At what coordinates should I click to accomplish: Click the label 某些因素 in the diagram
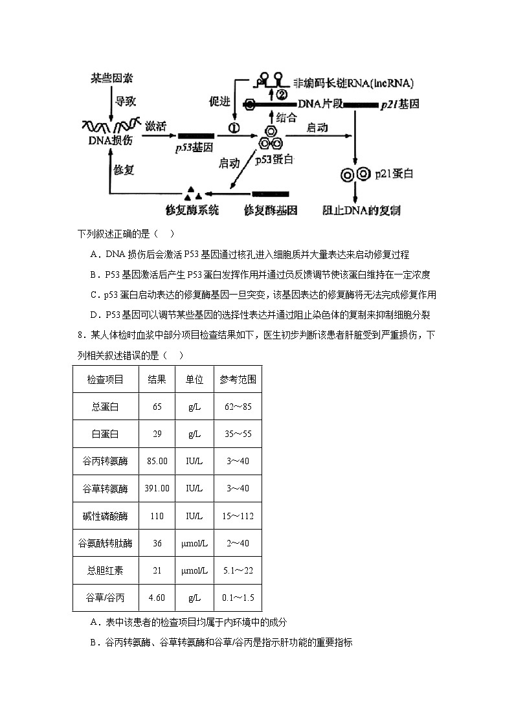point(111,78)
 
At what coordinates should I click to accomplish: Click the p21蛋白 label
point(394,174)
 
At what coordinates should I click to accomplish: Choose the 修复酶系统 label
point(192,210)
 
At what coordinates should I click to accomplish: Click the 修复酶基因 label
point(271,210)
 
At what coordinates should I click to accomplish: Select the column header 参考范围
point(238,379)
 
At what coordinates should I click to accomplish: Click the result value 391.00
point(157,488)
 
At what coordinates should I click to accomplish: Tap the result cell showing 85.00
point(157,461)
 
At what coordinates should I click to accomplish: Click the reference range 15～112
point(238,516)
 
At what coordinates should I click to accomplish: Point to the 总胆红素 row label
point(106,570)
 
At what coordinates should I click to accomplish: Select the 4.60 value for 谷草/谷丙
point(157,598)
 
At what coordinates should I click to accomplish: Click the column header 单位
point(194,379)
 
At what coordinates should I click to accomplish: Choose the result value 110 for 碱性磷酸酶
point(157,516)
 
